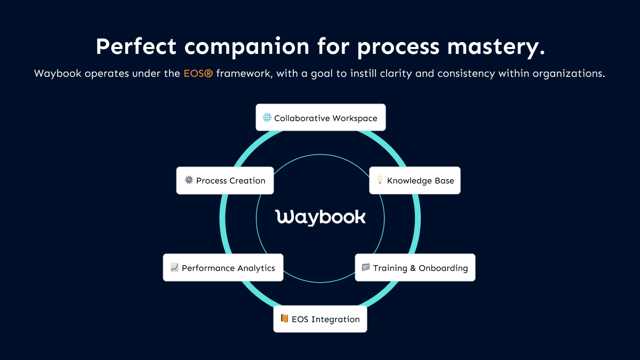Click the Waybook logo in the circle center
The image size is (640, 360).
point(321,217)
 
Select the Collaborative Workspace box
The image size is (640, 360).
point(321,118)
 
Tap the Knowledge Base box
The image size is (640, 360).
point(414,180)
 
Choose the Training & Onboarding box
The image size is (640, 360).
point(414,268)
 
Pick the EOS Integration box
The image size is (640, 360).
point(320,319)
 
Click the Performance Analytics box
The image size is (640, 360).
point(223,268)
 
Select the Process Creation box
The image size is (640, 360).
point(225,180)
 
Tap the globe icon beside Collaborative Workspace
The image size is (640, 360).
point(267,118)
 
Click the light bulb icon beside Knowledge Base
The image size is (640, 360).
point(380,180)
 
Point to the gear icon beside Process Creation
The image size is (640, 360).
point(189,180)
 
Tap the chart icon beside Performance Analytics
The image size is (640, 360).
point(174,268)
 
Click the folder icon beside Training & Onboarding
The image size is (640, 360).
point(366,268)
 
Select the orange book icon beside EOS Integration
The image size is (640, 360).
point(284,319)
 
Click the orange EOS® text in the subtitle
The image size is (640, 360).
point(194,74)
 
